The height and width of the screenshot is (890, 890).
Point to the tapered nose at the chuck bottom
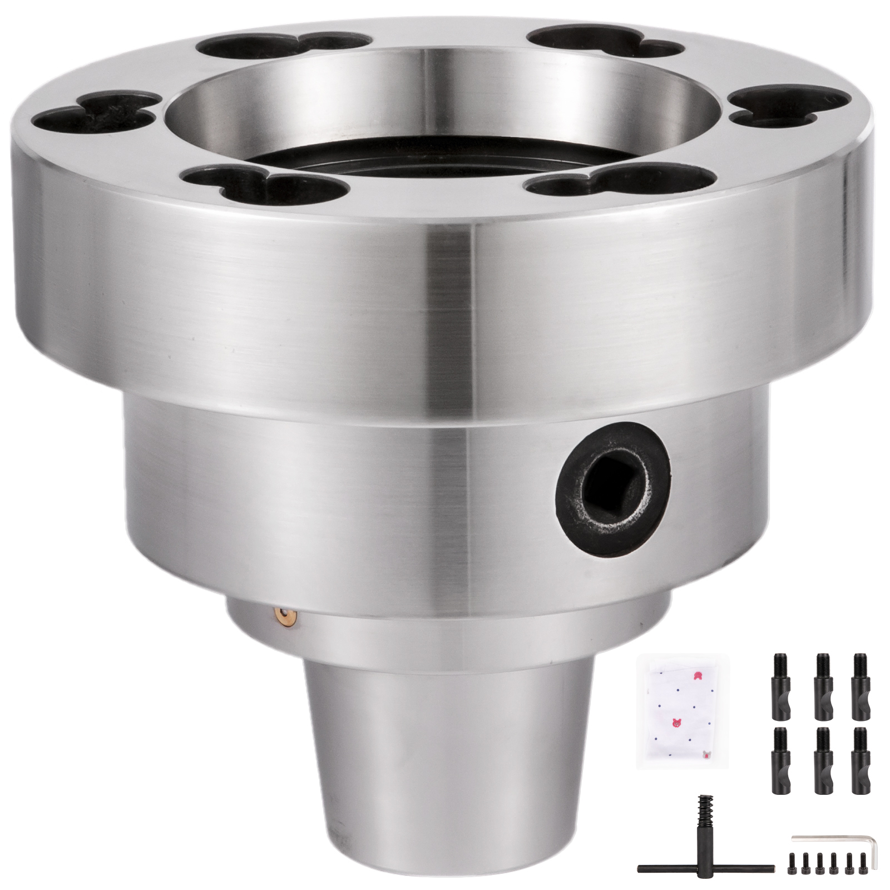tap(448, 768)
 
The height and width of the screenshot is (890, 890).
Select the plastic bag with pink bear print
tap(683, 712)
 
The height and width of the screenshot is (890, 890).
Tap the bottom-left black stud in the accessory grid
tap(780, 760)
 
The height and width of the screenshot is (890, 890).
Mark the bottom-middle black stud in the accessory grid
tap(823, 760)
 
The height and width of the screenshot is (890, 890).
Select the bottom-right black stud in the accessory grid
tap(861, 760)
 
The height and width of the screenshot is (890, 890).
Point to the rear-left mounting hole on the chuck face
tap(284, 46)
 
